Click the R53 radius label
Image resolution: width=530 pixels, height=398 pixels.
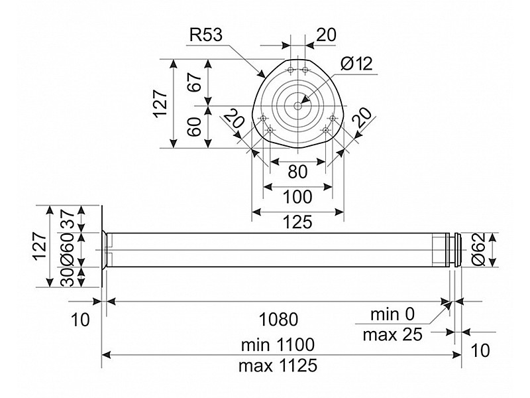(x=206, y=35)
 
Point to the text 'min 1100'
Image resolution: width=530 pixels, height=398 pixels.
(x=278, y=345)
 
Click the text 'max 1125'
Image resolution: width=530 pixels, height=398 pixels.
(x=278, y=364)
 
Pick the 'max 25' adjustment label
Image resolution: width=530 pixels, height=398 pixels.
(x=392, y=334)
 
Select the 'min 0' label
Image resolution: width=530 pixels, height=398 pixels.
(x=392, y=314)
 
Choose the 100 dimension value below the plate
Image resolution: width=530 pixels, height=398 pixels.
(x=297, y=197)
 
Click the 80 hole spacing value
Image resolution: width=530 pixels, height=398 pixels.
(x=297, y=171)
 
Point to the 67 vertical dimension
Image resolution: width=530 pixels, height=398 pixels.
(x=194, y=84)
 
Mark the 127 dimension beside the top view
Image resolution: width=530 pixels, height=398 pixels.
(x=160, y=103)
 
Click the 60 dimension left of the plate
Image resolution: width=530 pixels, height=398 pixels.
(x=194, y=126)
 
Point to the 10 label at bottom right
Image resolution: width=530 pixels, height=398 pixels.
(x=480, y=350)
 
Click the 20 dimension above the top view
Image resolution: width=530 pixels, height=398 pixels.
(x=325, y=35)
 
